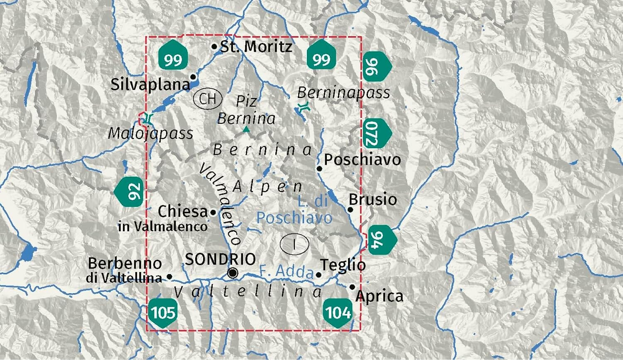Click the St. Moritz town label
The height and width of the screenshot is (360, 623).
click(x=256, y=47)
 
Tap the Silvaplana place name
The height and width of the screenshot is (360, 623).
click(x=150, y=85)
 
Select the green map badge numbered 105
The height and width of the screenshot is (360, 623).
click(x=163, y=312)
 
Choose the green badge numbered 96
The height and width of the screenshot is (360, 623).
click(x=377, y=67)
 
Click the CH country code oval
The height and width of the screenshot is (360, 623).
click(x=208, y=99)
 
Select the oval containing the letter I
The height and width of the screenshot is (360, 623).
click(x=294, y=244)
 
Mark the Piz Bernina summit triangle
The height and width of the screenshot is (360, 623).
click(x=246, y=130)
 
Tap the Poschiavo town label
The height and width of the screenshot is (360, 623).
click(x=362, y=160)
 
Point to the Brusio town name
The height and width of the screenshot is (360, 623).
click(x=373, y=200)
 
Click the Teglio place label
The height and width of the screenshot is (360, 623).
click(x=343, y=265)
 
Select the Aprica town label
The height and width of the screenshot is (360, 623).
click(x=379, y=296)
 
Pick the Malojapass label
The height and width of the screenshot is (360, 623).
click(x=150, y=134)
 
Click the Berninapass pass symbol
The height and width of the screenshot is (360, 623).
click(x=304, y=108)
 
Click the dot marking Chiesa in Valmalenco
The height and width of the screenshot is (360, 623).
click(x=213, y=213)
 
